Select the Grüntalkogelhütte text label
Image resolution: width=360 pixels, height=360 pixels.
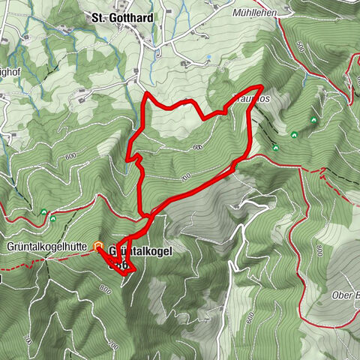click(x=44, y=246)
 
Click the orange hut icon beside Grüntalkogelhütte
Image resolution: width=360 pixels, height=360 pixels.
click(x=98, y=245)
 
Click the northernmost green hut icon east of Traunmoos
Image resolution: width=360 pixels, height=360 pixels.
click(x=312, y=119)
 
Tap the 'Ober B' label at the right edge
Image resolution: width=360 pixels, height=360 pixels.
click(x=344, y=295)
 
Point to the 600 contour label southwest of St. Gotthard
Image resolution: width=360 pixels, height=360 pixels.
click(x=71, y=155)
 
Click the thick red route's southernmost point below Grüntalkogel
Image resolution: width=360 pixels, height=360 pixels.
click(x=124, y=274)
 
